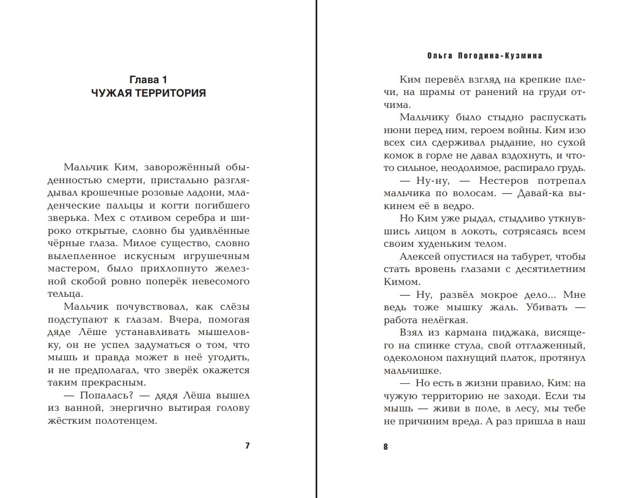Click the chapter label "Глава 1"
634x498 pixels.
tap(149, 80)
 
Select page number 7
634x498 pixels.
tap(247, 446)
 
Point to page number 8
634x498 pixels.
tap(385, 447)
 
